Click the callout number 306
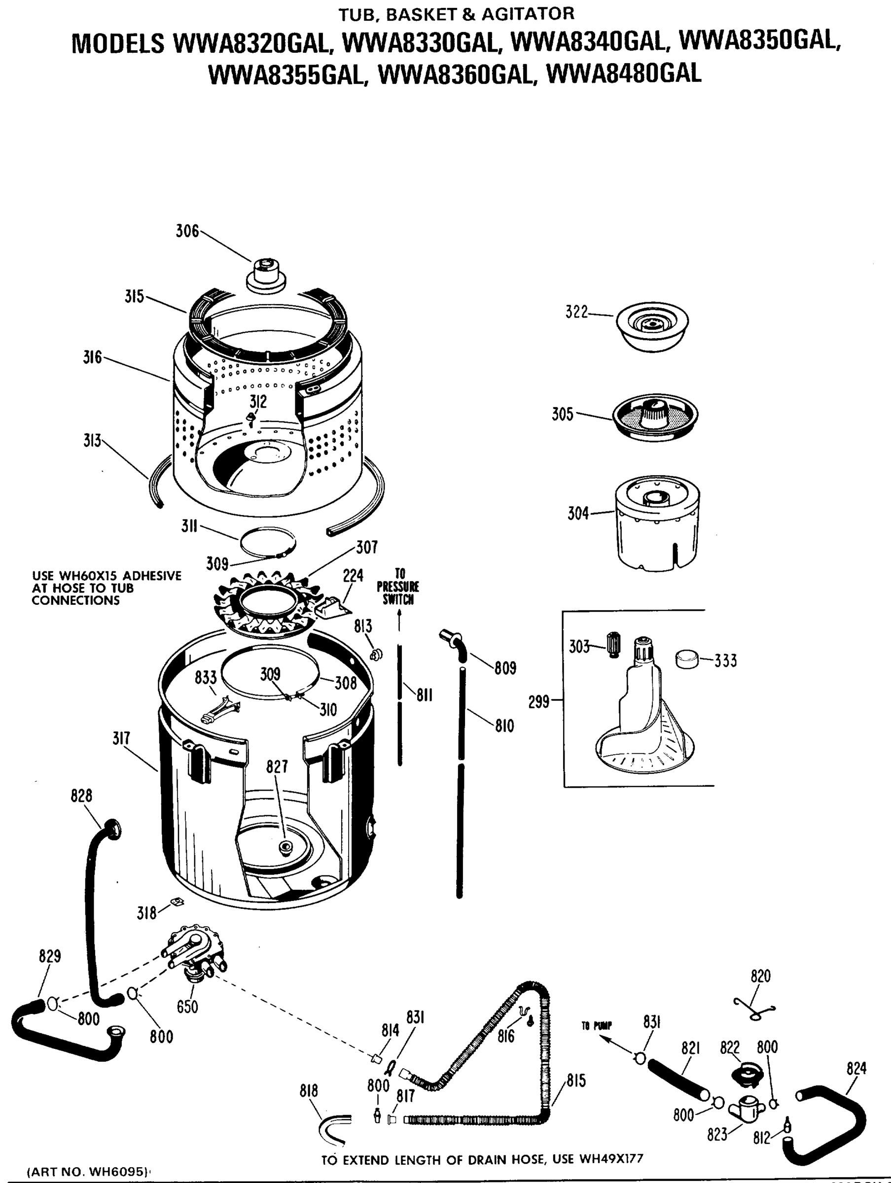click(x=187, y=232)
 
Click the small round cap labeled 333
click(x=687, y=659)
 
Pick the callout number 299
click(x=539, y=701)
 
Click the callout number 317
click(x=121, y=738)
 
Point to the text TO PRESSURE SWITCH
click(x=397, y=587)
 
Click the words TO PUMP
click(x=597, y=1026)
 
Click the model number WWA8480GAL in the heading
click(x=624, y=74)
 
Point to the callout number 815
click(x=576, y=1081)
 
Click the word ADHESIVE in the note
click(x=152, y=576)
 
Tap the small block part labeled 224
click(x=331, y=607)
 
